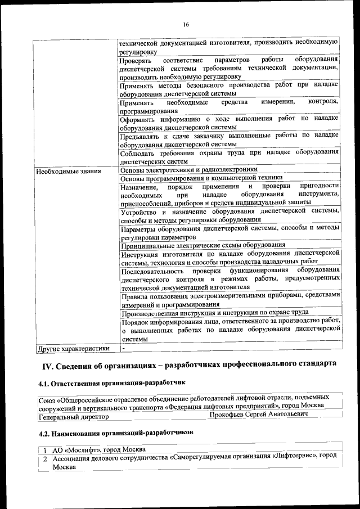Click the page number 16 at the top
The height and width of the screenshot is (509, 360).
click(x=186, y=25)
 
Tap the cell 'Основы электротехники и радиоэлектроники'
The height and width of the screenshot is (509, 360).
click(x=189, y=169)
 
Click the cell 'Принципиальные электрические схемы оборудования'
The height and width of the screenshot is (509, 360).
click(x=202, y=245)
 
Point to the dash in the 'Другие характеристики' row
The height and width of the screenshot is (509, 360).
click(x=123, y=349)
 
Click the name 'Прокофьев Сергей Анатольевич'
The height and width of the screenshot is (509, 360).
click(x=258, y=414)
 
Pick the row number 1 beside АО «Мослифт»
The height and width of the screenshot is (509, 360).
click(x=44, y=450)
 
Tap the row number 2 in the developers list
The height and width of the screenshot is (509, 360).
click(x=44, y=460)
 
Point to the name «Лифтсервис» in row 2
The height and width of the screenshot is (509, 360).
click(x=291, y=459)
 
